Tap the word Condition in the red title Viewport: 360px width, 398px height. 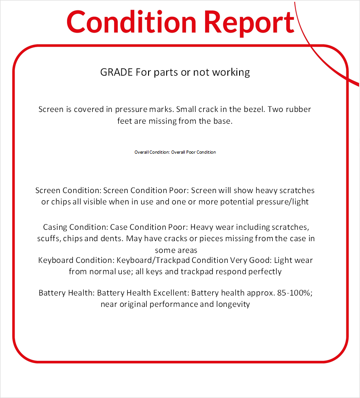[x=131, y=21]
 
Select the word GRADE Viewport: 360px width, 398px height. [x=116, y=72]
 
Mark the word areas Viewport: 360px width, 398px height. [x=187, y=250]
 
